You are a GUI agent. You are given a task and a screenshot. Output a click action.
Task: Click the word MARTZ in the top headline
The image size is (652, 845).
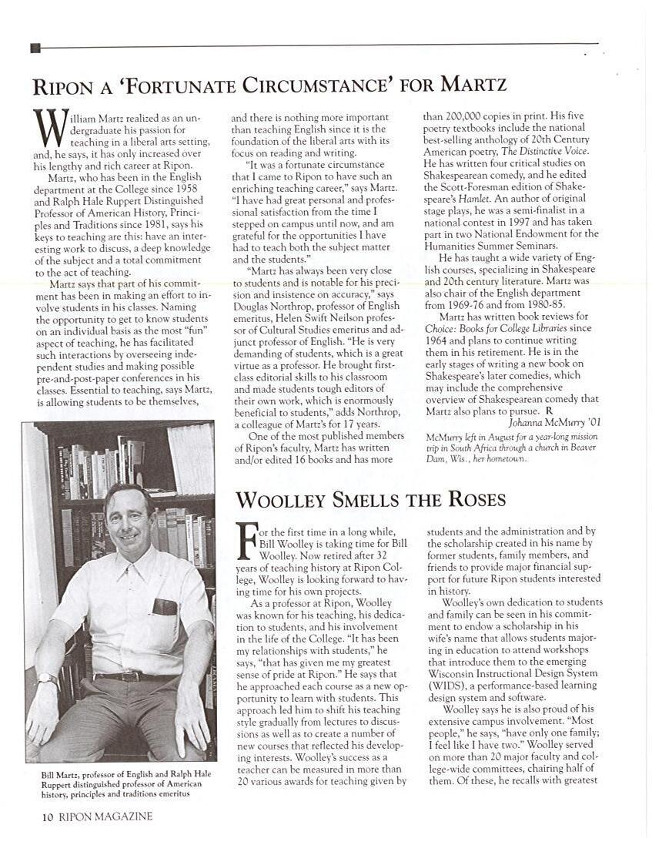pos(475,83)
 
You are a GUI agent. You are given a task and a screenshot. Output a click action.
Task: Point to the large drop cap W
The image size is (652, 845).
pos(48,128)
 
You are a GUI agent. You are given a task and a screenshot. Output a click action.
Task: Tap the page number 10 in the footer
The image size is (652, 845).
pos(47,816)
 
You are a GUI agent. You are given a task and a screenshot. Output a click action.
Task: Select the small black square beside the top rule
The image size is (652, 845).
pos(35,48)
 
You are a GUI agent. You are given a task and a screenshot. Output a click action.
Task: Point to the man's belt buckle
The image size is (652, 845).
pos(127,676)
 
